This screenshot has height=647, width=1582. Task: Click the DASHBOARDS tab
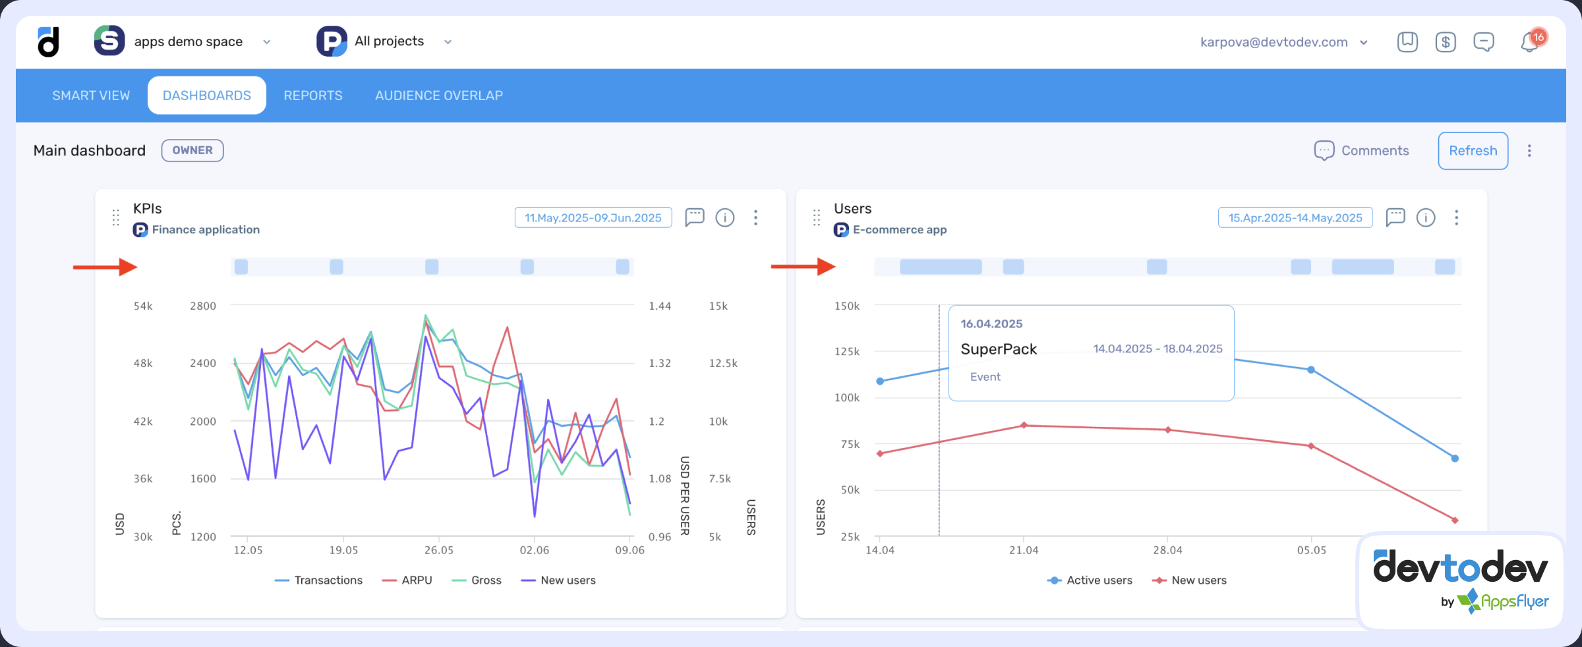pos(206,96)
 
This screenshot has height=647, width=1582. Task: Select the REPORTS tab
pos(313,96)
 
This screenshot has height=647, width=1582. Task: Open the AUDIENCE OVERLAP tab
pos(439,96)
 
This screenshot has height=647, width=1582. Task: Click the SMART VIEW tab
pos(91,96)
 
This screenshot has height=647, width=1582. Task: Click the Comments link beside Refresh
pos(1362,151)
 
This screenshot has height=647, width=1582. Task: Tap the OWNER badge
pos(192,150)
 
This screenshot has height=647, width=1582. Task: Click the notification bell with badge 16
pos(1530,42)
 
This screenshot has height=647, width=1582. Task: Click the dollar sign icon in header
pos(1446,42)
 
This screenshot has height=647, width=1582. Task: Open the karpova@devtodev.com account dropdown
pos(1283,42)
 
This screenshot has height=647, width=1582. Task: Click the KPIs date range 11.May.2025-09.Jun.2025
pos(593,218)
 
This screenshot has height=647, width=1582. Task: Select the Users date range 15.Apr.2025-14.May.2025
pos(1295,218)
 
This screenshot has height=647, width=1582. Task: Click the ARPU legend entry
pos(408,580)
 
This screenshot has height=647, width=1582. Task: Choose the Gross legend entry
pos(477,580)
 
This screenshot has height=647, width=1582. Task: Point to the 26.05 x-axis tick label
pos(439,550)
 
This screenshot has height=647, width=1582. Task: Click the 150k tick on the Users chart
pos(847,306)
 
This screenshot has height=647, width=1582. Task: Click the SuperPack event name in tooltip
pos(999,349)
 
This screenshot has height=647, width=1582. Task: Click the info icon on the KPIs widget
pos(725,217)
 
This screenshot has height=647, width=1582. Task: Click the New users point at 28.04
pos(1168,430)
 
